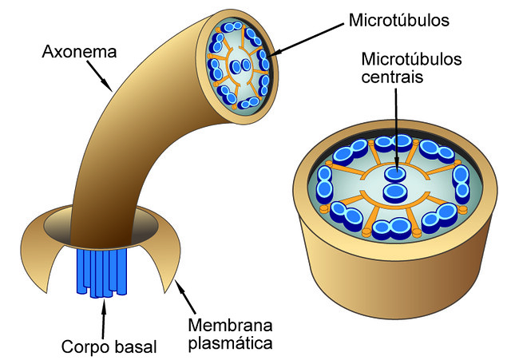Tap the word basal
[x=133, y=346]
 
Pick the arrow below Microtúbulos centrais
[x=395, y=128]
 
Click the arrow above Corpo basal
[x=104, y=315]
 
